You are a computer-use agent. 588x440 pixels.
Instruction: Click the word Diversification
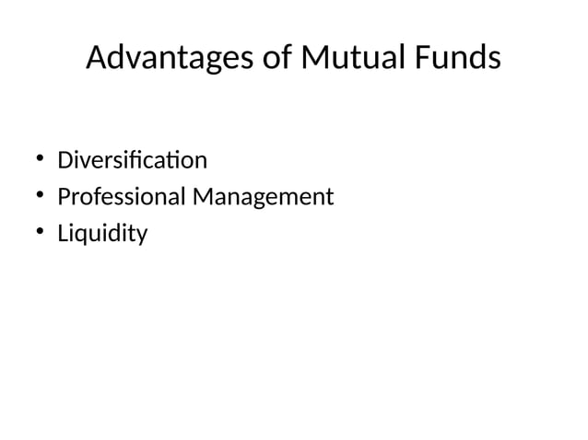[132, 161]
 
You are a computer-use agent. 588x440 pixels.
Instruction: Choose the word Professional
[121, 197]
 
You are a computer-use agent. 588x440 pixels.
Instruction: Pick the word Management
[262, 198]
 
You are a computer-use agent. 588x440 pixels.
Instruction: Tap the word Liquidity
[102, 235]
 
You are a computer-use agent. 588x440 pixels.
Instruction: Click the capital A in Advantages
[97, 59]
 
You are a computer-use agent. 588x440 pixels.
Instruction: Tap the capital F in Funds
[420, 59]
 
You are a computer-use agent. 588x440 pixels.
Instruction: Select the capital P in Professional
[64, 197]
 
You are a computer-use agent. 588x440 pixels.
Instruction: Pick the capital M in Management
[202, 197]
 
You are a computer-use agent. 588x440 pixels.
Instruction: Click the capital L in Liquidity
[63, 234]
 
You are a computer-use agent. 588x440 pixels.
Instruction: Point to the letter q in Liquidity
[84, 237]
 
